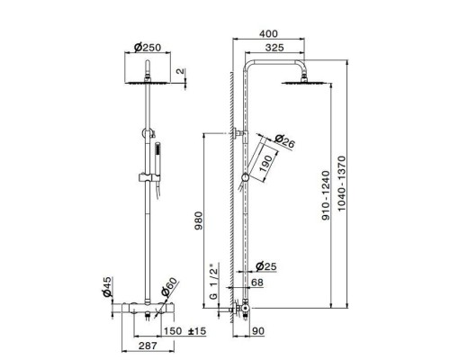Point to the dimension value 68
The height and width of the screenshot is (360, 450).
click(257, 283)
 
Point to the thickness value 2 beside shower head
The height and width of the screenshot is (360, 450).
click(180, 71)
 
